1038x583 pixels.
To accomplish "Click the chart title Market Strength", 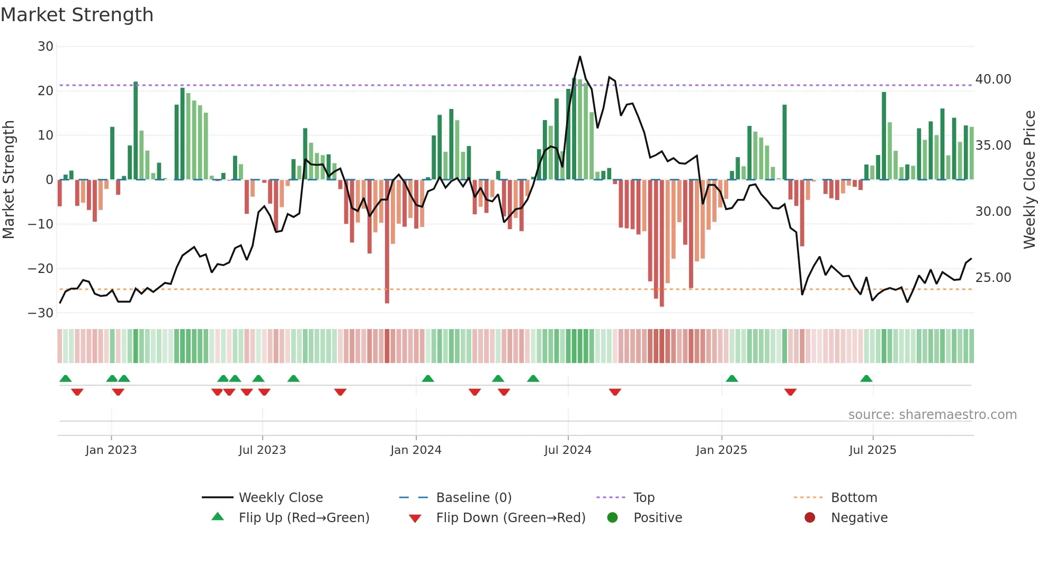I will tap(77, 15).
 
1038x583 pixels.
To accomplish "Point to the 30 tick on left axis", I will tap(46, 47).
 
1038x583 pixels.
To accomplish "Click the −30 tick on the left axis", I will tap(41, 313).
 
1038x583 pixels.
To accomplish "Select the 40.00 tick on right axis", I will tap(993, 79).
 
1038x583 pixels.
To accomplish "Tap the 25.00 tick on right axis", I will tap(993, 278).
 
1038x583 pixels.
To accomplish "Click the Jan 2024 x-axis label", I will tap(416, 450).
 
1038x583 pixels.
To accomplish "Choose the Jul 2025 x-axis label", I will tap(872, 450).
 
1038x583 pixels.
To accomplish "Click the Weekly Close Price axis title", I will tap(1029, 180).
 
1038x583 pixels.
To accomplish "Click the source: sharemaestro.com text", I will tap(932, 415).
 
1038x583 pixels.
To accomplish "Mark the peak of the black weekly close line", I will tap(580, 57).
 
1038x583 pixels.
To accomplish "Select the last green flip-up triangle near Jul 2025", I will tap(866, 379).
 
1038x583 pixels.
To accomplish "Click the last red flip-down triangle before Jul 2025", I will tap(790, 392).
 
